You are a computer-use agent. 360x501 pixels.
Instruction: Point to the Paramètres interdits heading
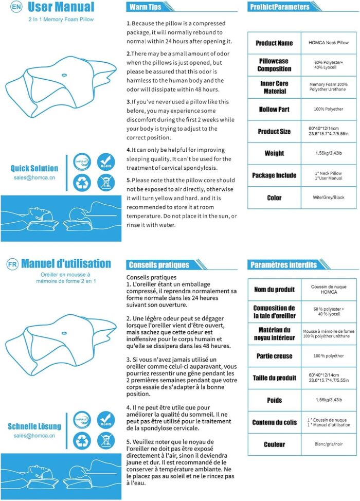[283, 265]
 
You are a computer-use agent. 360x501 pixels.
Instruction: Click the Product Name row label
[274, 43]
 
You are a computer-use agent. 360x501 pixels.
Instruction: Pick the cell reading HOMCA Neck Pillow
[329, 43]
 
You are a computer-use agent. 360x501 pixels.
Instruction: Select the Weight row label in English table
[274, 153]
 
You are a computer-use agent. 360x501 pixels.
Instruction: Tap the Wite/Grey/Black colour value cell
[329, 198]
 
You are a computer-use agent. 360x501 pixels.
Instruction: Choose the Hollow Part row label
[274, 110]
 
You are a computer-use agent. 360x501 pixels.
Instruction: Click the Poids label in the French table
[274, 400]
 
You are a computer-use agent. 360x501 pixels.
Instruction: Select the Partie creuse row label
[274, 356]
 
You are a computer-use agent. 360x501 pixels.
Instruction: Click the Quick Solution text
[34, 168]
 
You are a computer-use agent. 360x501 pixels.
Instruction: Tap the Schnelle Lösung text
[34, 426]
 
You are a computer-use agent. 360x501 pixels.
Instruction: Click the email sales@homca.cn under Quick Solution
[34, 177]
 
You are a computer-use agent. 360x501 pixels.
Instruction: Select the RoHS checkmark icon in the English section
[105, 161]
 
